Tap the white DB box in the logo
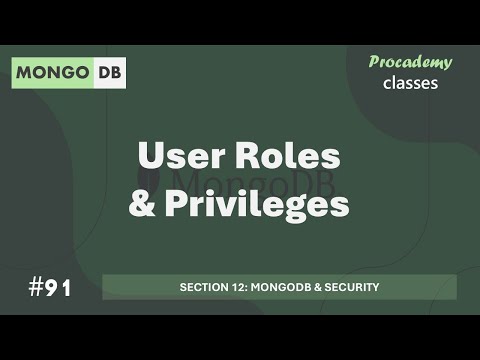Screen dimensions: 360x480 [x=108, y=73]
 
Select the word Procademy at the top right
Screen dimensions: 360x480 [x=410, y=62]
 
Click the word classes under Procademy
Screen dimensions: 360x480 [x=410, y=82]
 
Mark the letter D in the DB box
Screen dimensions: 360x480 [x=101, y=73]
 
